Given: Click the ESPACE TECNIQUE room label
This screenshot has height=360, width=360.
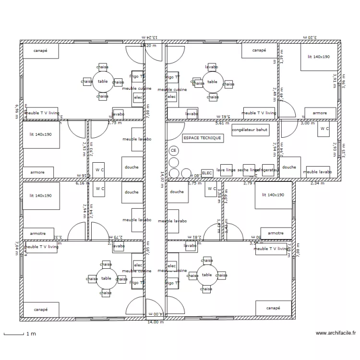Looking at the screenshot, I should [x=202, y=138].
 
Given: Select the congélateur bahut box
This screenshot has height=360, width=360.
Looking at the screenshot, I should [x=249, y=130].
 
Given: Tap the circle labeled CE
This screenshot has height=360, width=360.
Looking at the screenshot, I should [x=173, y=150].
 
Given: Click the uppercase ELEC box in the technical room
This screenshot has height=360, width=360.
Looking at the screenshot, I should [x=207, y=172].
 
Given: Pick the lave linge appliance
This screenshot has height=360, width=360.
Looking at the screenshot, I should [x=227, y=170].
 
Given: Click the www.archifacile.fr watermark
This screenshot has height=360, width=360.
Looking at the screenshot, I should [x=336, y=333].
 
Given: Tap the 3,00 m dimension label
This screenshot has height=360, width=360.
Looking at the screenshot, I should [x=304, y=123].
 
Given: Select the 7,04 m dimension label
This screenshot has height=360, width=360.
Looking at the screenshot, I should [x=16, y=249].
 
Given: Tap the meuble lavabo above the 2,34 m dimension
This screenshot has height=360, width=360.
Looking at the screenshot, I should [x=317, y=171].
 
